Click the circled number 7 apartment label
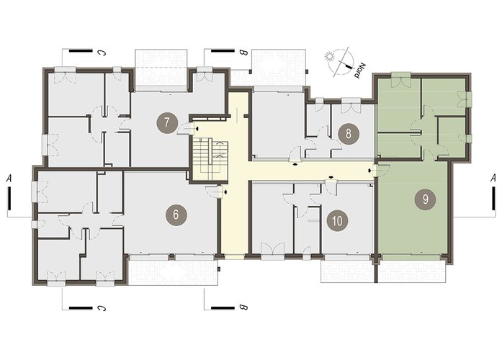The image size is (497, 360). [167, 122]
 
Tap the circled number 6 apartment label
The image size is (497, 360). [176, 215]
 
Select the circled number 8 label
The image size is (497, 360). [349, 133]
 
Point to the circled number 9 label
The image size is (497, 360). [426, 199]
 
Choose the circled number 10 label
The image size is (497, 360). [338, 220]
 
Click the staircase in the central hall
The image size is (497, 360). [211, 160]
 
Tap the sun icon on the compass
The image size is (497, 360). [330, 57]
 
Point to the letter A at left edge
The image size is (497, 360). [9, 179]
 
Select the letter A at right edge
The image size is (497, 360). [493, 179]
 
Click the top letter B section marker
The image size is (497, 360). [243, 53]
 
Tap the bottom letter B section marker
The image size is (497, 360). [243, 307]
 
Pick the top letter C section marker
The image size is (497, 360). [102, 53]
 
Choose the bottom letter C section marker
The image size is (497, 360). [102, 307]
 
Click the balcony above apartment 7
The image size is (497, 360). [161, 70]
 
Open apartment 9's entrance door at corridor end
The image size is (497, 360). [381, 169]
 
